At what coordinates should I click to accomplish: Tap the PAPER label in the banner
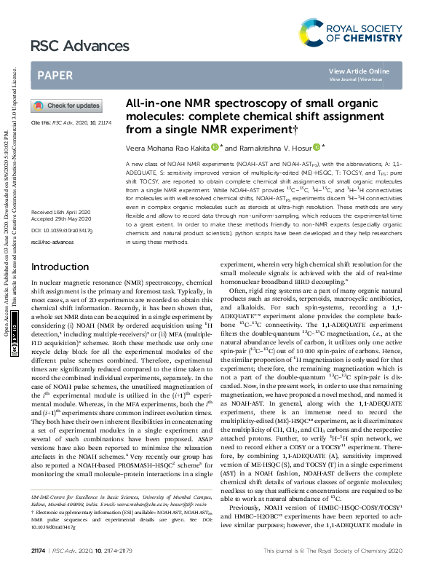pos(55,74)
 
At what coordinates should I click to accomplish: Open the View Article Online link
pos(359,71)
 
